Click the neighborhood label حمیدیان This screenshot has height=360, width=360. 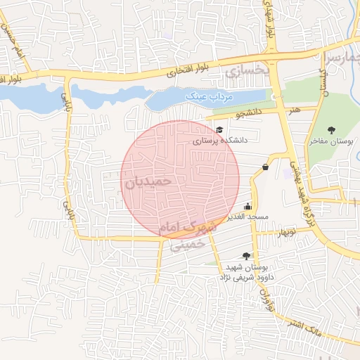148,181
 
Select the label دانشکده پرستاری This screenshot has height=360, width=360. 221,141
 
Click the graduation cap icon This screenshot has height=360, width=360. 219,130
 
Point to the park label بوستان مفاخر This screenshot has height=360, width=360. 332,141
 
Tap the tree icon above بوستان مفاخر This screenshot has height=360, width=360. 332,129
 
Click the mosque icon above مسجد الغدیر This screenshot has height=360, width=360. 247,207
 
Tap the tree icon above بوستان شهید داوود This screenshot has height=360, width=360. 245,257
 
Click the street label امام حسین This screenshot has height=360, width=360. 11,43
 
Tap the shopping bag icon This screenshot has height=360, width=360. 265,167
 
